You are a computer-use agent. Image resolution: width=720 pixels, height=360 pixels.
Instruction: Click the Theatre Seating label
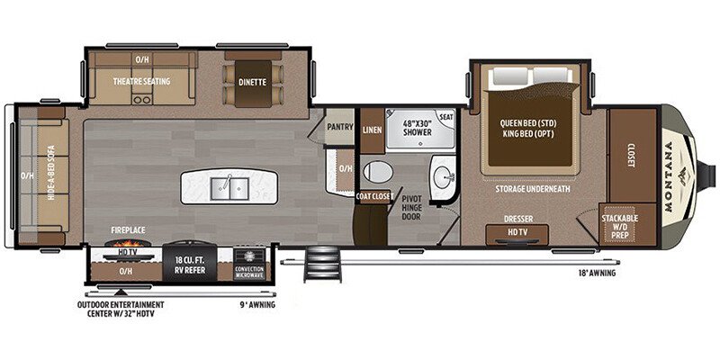[x=139, y=80]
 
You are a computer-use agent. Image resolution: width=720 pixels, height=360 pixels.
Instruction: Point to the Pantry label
[x=339, y=127]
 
